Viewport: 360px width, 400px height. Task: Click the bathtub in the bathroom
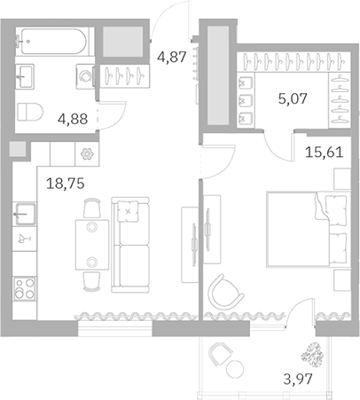pyautogui.click(x=53, y=42)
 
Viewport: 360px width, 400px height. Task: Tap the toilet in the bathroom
pyautogui.click(x=30, y=112)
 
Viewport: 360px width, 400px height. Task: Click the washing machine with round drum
pyautogui.click(x=85, y=76)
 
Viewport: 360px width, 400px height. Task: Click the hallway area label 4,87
pyautogui.click(x=172, y=58)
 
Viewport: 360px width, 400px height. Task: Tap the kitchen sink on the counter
pyautogui.click(x=24, y=214)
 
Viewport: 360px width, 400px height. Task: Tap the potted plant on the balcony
pyautogui.click(x=313, y=354)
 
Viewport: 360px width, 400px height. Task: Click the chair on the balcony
pyautogui.click(x=220, y=360)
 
